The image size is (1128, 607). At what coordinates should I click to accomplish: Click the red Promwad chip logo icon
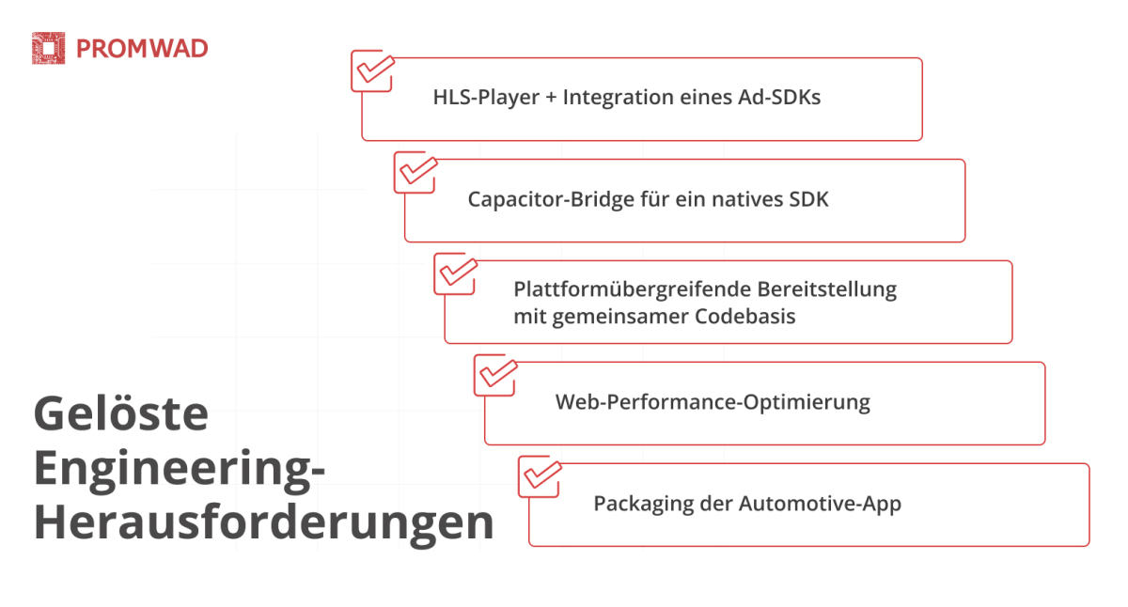pos(48,49)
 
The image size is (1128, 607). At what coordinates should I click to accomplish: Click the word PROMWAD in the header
pos(142,49)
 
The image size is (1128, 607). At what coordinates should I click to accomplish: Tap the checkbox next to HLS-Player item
pos(371,70)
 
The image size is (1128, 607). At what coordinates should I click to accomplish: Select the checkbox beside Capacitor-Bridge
pos(415,172)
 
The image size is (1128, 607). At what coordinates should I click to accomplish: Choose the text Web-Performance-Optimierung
pos(713,402)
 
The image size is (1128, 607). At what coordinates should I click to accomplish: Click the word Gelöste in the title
pos(120,413)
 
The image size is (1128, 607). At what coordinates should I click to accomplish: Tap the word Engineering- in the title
pos(180,470)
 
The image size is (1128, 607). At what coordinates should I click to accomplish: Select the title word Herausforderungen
pos(263,523)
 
